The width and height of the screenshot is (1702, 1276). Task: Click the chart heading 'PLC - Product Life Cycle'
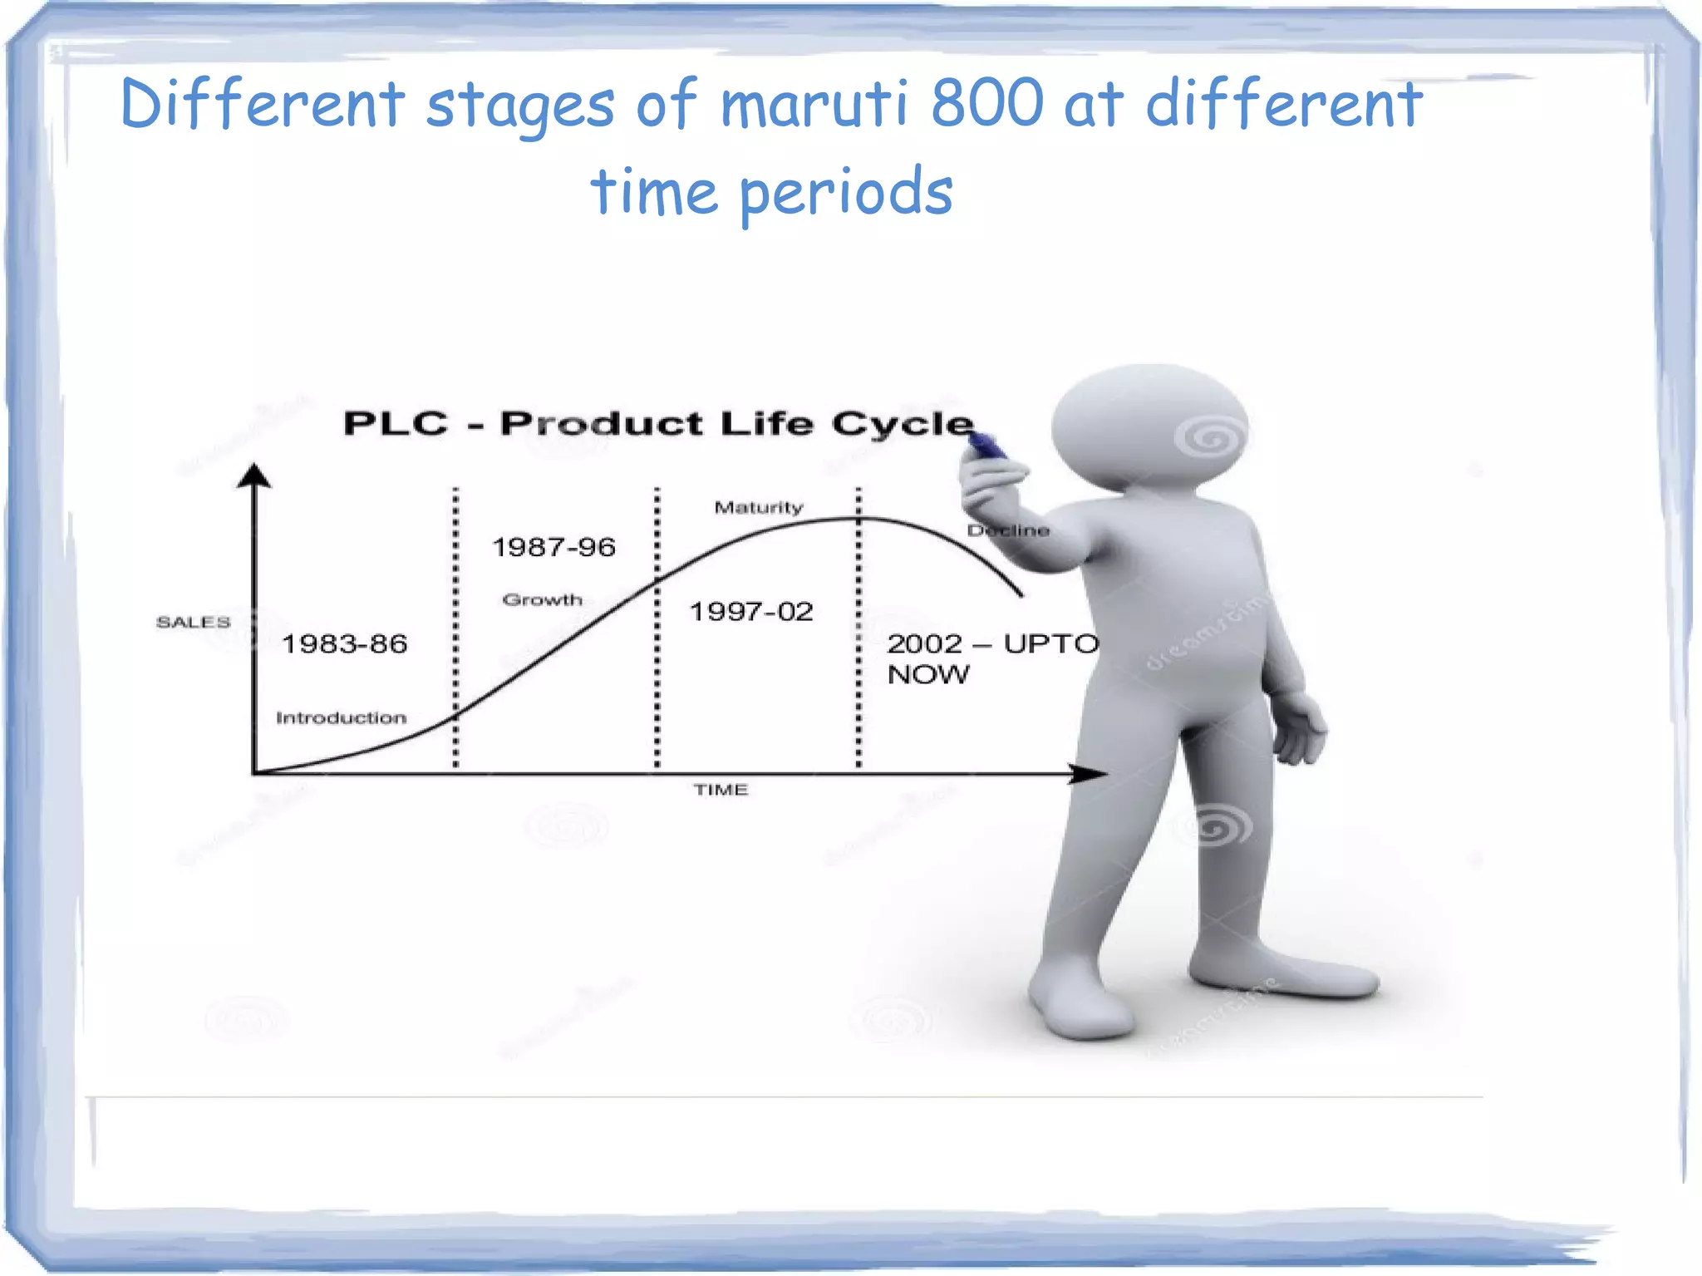657,424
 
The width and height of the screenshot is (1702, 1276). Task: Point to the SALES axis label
193,623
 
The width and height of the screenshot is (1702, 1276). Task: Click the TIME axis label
721,790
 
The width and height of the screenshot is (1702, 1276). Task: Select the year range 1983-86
344,644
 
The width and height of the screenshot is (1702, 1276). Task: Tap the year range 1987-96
553,548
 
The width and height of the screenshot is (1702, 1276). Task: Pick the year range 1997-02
751,612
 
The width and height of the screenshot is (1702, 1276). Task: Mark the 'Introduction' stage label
341,718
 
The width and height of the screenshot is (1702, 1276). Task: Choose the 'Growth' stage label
543,600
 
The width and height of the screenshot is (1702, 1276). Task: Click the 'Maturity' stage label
759,508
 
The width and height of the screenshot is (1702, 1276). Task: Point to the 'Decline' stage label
1008,531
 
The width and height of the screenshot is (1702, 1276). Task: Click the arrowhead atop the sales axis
254,475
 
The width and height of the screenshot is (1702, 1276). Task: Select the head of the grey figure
1151,428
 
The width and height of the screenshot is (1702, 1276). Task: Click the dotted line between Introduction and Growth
455,623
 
